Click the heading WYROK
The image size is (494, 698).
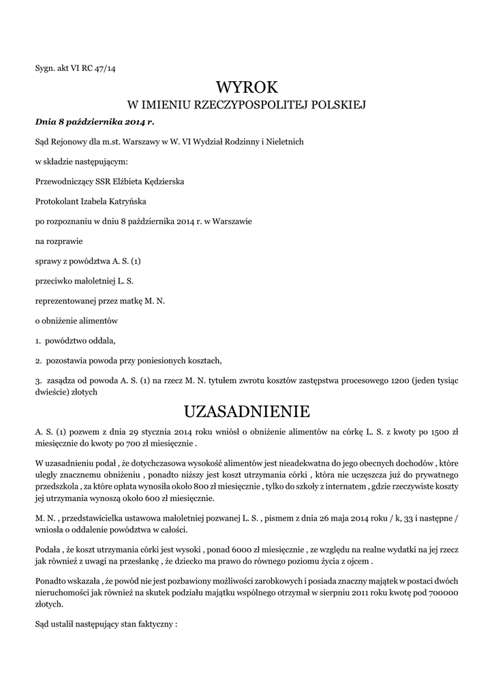tap(247, 87)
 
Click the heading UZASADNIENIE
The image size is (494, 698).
tap(247, 412)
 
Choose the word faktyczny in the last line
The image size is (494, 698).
tap(153, 622)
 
